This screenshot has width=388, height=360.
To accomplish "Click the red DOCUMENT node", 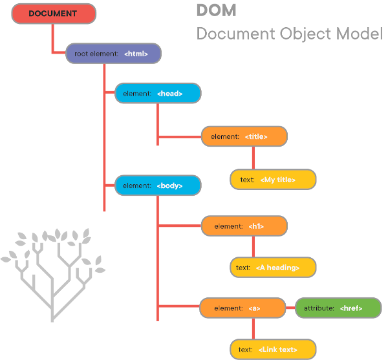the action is [x=54, y=14].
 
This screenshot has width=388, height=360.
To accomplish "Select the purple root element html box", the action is [x=114, y=54].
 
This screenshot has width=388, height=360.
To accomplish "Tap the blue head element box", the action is [x=158, y=93].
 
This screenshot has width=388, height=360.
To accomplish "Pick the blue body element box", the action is [x=158, y=185].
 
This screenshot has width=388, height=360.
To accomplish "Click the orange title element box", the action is [x=244, y=136].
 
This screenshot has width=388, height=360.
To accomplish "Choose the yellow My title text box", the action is [x=273, y=180].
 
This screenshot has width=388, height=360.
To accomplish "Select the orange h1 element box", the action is [x=244, y=226].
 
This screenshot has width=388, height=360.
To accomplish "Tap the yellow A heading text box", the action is [x=273, y=268].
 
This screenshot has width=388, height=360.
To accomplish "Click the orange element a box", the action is [x=242, y=308].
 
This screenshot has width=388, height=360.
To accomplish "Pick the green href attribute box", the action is [x=338, y=308].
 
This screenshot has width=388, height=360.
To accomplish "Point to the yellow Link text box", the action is [x=273, y=350].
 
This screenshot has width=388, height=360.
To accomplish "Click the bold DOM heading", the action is [x=216, y=10].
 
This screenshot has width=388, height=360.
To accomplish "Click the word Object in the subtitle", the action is [x=305, y=34].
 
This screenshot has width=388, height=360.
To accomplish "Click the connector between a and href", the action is [x=290, y=308].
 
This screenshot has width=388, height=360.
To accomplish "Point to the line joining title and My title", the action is [x=253, y=158].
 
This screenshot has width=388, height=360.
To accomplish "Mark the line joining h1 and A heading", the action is [x=253, y=247].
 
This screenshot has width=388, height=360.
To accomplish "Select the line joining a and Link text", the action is [x=253, y=328].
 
